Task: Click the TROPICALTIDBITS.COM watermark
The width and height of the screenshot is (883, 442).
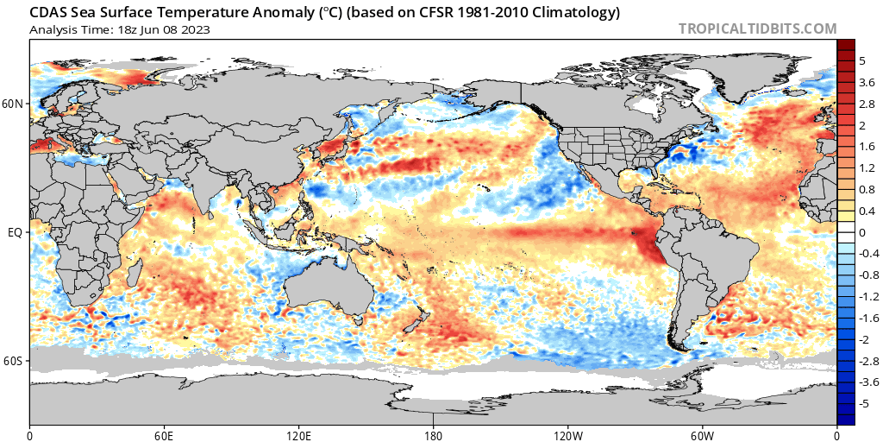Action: (x=757, y=28)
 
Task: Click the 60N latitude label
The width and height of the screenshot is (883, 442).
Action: (x=14, y=104)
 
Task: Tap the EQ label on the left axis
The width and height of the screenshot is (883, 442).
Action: (x=16, y=232)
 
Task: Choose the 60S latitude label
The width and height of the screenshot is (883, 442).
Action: (x=14, y=361)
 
